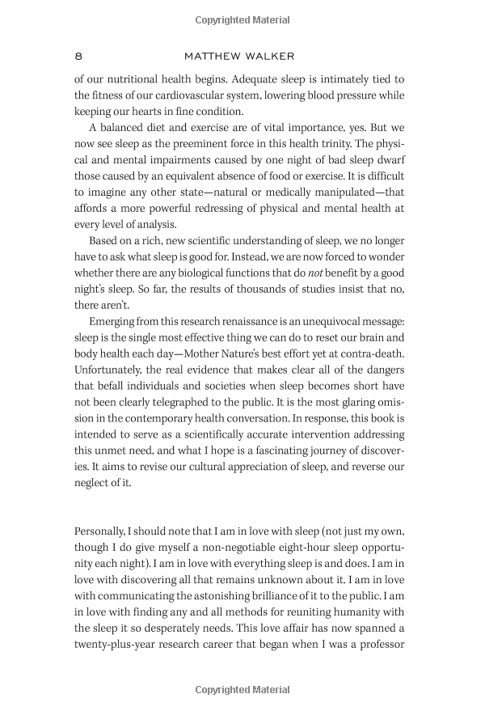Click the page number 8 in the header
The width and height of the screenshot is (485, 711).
tap(78, 56)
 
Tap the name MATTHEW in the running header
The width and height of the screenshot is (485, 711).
tap(215, 56)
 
